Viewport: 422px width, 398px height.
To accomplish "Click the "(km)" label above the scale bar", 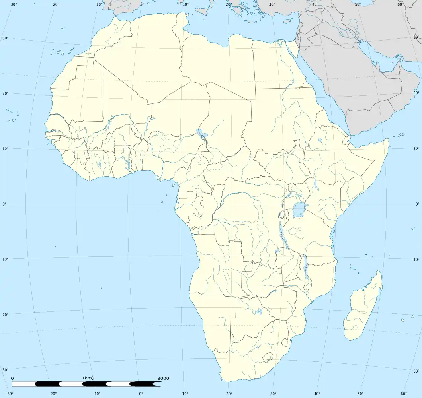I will [88, 378].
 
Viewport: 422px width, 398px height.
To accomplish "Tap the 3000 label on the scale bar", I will [163, 378].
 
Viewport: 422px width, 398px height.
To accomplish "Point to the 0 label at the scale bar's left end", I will [12, 378].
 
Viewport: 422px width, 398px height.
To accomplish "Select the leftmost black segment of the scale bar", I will [47, 384].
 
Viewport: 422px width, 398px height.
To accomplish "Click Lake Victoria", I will [299, 210].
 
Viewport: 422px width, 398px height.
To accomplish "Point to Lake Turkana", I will [316, 183].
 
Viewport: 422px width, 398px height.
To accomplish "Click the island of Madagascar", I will [362, 306].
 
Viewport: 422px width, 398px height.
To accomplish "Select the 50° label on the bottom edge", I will [361, 394].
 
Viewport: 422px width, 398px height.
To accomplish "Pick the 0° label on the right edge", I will [417, 204].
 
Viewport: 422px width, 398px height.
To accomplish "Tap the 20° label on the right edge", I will [416, 93].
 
